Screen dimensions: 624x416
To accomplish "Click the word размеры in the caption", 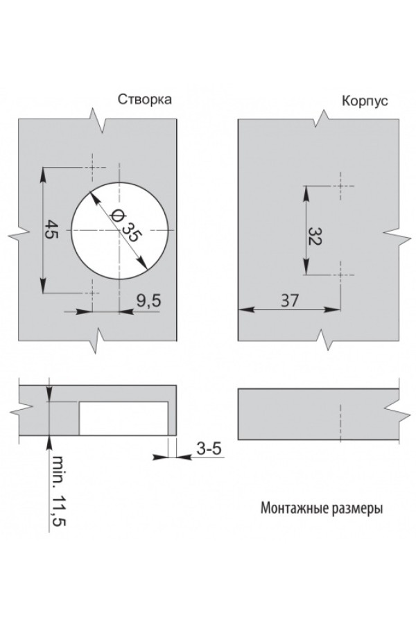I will click(356, 508).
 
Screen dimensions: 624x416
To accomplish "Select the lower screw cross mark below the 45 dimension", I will click(92, 294).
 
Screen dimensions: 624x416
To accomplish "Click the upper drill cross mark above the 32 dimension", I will click(341, 186).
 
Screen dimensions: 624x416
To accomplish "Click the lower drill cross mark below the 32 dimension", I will click(341, 275).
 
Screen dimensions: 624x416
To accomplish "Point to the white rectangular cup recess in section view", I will click(123, 418).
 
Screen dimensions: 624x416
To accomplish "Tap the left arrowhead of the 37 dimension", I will click(243, 310).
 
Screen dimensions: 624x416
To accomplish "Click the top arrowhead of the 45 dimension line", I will click(43, 173).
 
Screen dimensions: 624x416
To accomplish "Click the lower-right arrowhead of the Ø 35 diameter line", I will click(145, 263).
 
